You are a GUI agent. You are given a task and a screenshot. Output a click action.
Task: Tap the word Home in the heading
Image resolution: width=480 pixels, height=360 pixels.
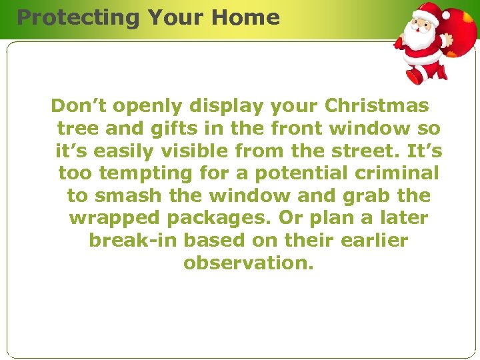[248, 17]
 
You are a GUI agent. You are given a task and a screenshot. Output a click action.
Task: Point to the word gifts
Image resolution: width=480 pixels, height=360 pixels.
[181, 128]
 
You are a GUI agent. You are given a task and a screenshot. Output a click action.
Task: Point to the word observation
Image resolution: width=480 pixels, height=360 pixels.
[247, 263]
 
